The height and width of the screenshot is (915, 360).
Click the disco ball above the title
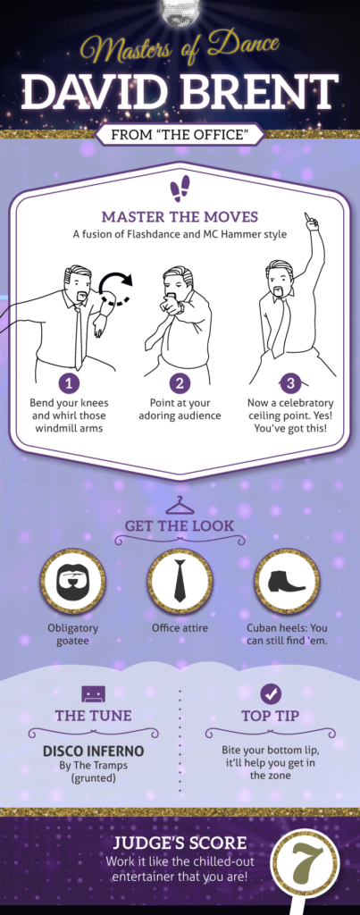click(180, 12)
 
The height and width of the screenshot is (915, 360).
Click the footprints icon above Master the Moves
click(180, 189)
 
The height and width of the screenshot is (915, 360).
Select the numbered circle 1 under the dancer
click(70, 383)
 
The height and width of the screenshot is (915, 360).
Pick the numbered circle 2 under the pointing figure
click(180, 383)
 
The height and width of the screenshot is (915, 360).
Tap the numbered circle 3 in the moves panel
click(290, 383)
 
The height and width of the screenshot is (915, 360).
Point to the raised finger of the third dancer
click(306, 218)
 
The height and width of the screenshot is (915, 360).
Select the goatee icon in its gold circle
click(73, 581)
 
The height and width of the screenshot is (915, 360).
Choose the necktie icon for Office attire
click(180, 581)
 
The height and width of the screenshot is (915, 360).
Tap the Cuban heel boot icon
click(287, 581)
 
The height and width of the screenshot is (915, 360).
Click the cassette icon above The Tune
click(94, 694)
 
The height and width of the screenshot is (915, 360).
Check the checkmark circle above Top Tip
click(270, 694)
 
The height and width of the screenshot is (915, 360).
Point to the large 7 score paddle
click(306, 864)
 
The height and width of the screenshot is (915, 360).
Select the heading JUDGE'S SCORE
click(180, 843)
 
